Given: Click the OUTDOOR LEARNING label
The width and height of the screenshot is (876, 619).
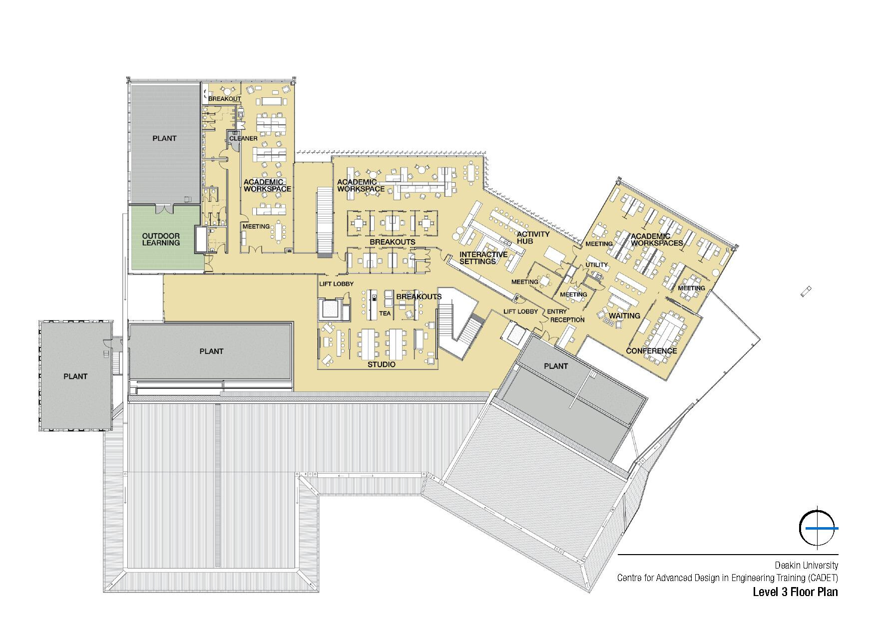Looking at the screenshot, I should [161, 240].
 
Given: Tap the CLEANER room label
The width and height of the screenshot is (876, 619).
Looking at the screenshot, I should [243, 138].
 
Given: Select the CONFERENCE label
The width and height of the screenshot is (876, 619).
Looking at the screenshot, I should [651, 351].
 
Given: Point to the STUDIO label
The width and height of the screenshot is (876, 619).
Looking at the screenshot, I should [381, 365].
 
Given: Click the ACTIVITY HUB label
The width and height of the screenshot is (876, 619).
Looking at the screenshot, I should [533, 238].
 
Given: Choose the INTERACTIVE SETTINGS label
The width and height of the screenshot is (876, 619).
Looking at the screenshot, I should [483, 258].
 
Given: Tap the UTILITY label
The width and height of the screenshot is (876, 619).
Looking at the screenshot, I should [596, 265].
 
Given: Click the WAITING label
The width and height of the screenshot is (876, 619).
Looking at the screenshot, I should [624, 315].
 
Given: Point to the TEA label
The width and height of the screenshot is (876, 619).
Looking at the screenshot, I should [385, 313].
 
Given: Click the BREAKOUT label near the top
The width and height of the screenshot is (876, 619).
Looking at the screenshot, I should [225, 99].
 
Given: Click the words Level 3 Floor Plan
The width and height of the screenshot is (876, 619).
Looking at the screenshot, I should [795, 593].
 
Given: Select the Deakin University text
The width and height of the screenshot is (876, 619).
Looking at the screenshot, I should [806, 566].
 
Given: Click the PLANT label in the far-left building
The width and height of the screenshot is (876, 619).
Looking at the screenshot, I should [75, 376].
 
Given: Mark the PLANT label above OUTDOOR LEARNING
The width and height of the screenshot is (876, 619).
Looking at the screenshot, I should [164, 138].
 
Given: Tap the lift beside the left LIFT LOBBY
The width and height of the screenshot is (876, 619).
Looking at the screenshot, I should [330, 309].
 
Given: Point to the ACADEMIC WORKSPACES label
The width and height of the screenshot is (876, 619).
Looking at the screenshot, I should [656, 240].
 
